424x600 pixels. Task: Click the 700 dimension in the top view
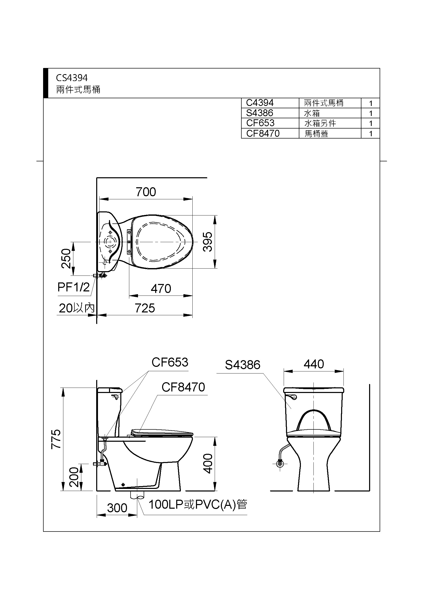[146, 192]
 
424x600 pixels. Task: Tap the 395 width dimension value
[208, 242]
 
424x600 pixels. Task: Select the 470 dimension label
[161, 289]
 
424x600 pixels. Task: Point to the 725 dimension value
[145, 308]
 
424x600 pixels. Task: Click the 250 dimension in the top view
[66, 259]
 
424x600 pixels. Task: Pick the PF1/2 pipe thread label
[73, 287]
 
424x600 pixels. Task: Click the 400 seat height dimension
[208, 464]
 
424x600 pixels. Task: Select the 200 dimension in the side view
[74, 477]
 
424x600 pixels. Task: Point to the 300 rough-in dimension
[117, 508]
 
